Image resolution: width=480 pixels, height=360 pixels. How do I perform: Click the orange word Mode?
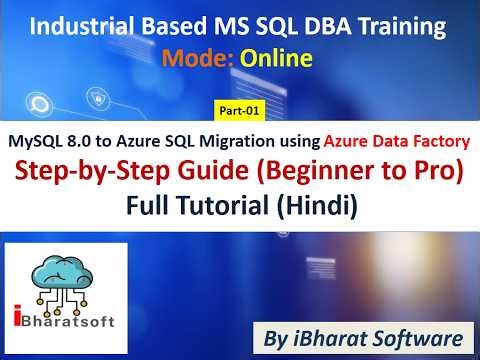[x=198, y=59]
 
